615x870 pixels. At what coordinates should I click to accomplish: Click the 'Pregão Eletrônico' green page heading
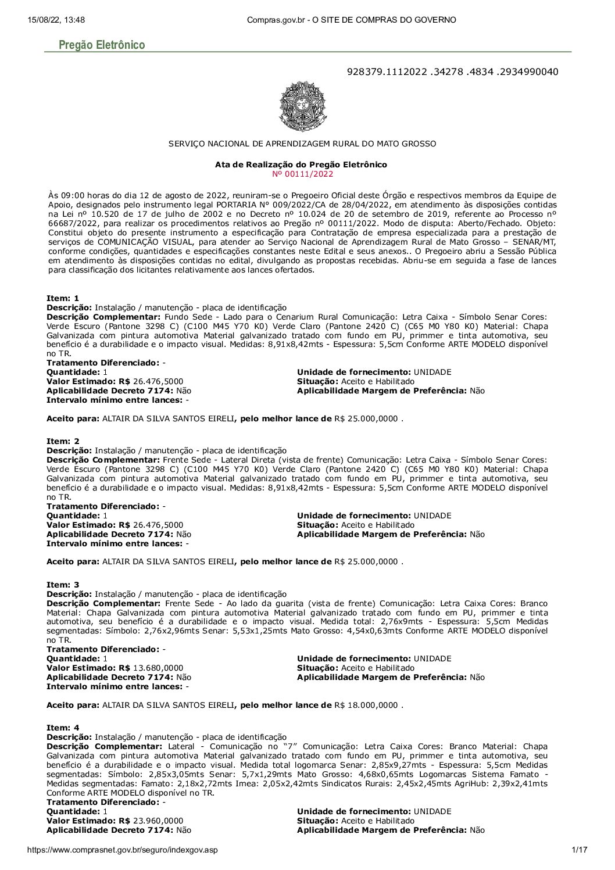click(102, 45)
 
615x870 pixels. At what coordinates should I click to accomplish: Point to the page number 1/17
click(580, 850)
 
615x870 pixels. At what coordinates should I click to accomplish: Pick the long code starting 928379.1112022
click(452, 71)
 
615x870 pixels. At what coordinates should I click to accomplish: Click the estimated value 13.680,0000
click(158, 668)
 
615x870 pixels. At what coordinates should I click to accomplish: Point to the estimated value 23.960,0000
click(158, 821)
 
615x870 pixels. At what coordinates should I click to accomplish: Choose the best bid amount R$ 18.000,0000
click(366, 705)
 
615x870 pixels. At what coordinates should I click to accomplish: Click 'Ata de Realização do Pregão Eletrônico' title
click(301, 164)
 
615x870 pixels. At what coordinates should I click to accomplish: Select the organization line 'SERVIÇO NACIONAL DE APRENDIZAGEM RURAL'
click(302, 143)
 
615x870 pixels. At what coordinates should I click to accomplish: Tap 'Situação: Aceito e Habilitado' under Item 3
click(356, 668)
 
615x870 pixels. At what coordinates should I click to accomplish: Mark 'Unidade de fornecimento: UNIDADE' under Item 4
click(374, 811)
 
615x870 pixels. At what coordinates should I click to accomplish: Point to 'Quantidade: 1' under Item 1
click(77, 372)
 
